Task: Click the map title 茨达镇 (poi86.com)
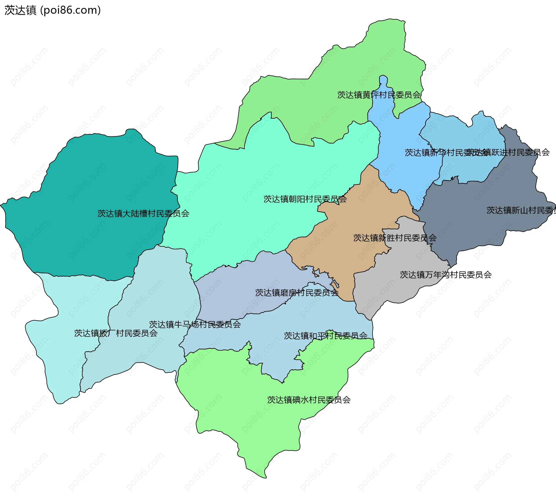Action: point(52,10)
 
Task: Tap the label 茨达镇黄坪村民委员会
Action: point(379,95)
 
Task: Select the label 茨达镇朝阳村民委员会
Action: point(305,199)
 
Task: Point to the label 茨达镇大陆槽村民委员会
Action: point(143,213)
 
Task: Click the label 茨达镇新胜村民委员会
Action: point(395,238)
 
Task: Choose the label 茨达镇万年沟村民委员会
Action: point(446,275)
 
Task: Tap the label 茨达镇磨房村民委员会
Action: point(297,293)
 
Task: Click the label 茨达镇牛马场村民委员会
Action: point(195,324)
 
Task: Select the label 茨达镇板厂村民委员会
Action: point(116,333)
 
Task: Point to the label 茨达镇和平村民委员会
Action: point(325,336)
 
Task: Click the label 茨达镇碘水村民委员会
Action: point(309,400)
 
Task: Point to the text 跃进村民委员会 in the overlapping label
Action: point(518,152)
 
